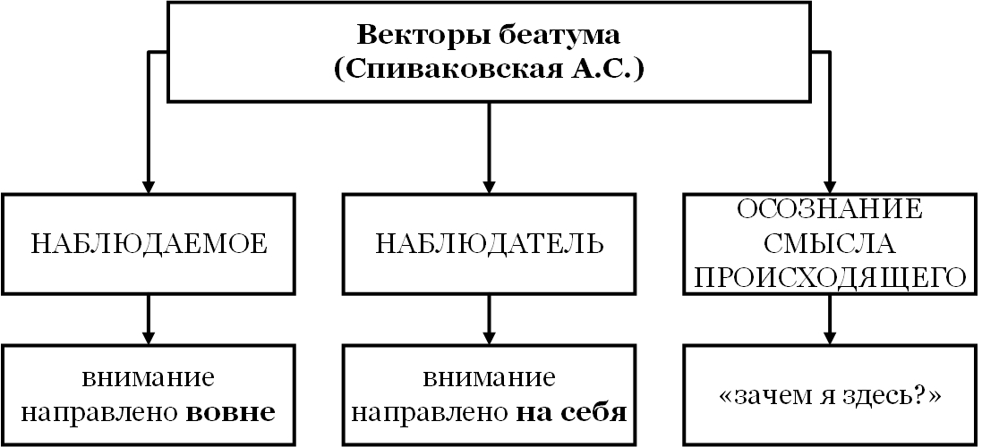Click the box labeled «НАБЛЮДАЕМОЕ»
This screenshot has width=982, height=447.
[149, 243]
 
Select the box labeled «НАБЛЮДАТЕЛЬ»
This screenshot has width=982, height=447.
[489, 243]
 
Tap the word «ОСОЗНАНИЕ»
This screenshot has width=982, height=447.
[829, 209]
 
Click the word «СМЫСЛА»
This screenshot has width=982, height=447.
[829, 243]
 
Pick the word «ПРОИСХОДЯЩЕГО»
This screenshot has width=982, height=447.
[829, 278]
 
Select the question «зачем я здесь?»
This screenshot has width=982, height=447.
[829, 396]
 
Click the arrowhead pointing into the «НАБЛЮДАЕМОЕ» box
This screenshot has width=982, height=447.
[149, 183]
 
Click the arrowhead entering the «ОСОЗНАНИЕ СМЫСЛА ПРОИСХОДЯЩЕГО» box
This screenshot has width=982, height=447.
[829, 183]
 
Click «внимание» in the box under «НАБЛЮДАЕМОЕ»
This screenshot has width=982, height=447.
[149, 378]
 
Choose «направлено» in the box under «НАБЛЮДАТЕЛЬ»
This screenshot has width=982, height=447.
[428, 414]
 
